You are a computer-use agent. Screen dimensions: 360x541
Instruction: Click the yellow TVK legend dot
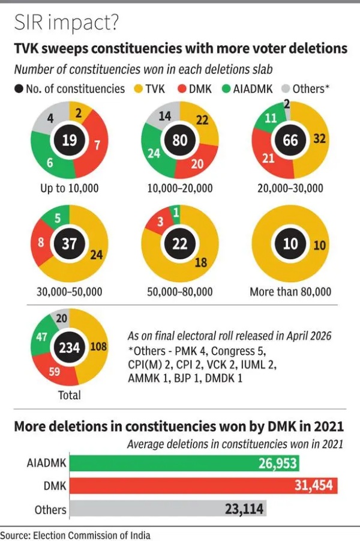[x=138, y=89]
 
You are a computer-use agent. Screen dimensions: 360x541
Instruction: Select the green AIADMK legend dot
[x=226, y=89]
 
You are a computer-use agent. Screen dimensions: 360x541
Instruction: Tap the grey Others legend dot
[x=286, y=89]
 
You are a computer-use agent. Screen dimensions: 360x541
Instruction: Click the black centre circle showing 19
[x=70, y=140]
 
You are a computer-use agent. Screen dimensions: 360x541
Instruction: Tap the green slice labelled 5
[x=57, y=217]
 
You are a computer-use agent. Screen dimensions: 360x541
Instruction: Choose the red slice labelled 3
[x=160, y=222]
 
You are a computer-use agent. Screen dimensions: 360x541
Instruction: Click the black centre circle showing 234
[x=70, y=347]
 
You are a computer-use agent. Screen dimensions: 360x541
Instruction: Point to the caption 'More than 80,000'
[x=290, y=292]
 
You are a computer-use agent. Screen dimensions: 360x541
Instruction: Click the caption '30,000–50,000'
[x=70, y=292]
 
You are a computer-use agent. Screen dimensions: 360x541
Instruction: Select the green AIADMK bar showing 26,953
[x=184, y=463]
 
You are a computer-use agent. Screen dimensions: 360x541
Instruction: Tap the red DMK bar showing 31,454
[x=203, y=486]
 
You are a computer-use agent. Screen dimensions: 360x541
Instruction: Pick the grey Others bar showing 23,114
[x=168, y=509]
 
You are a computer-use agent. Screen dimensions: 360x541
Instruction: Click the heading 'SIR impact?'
[x=67, y=23]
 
